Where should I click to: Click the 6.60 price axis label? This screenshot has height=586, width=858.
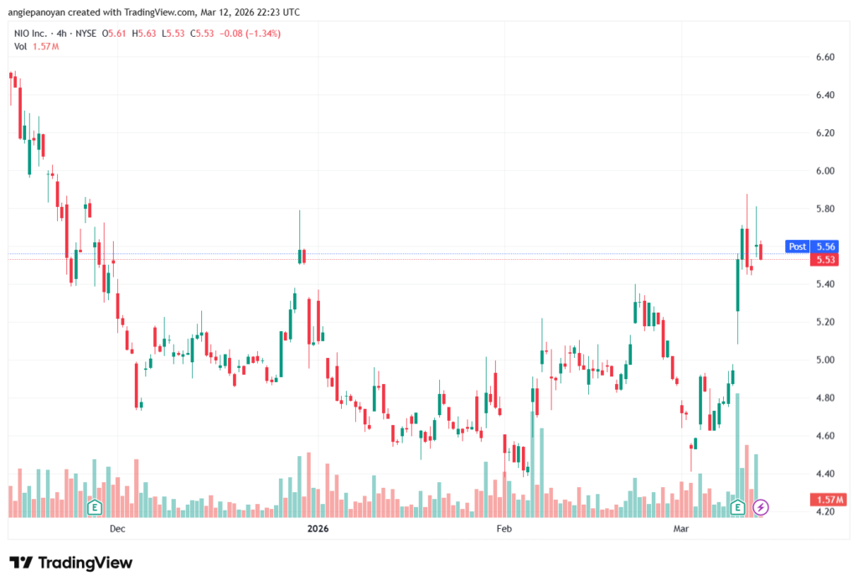825,57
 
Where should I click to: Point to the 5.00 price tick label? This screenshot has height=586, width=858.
825,360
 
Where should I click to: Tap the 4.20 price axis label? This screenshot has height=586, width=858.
825,511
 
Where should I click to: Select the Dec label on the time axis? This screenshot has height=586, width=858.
117,528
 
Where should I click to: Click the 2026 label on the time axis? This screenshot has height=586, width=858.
318,528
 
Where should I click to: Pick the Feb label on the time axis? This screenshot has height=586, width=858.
504,528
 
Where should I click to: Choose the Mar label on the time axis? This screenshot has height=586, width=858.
680,528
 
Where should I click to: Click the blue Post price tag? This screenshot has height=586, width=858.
798,246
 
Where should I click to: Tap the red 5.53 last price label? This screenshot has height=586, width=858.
825,260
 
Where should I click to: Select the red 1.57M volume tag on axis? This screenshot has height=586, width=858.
829,500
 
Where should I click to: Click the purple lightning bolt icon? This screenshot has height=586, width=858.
760,507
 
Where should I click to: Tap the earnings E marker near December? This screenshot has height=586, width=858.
95,507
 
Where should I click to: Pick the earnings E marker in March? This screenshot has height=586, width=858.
737,507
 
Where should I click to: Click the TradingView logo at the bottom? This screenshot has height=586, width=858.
71,563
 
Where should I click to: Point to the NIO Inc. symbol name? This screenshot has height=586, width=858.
31,34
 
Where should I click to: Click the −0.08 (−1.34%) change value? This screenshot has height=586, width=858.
250,34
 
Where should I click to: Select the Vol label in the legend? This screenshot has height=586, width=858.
20,47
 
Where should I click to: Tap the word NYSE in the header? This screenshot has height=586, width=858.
86,34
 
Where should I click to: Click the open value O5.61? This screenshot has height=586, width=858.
114,34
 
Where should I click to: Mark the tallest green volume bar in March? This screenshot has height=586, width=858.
737,455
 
